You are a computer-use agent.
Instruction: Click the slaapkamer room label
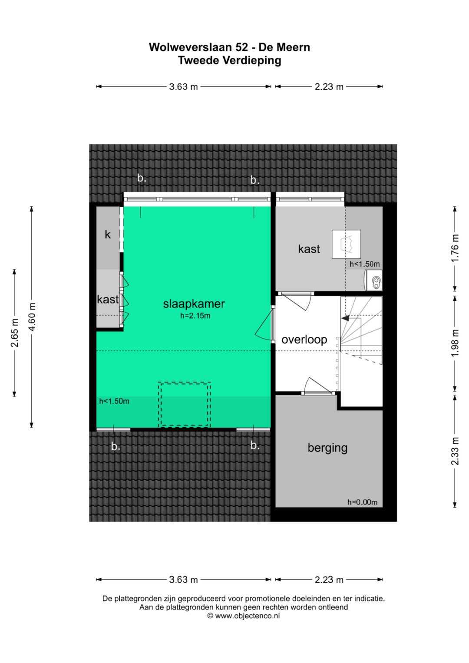coord(194,303)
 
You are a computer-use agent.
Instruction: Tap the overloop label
coord(304,340)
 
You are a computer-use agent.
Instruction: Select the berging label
coord(327,448)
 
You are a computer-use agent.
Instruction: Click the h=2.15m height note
coord(195,316)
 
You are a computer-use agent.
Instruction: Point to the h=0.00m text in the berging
coord(363,502)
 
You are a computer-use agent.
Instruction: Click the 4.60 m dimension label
coord(32,317)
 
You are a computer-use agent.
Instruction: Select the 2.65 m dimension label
coord(14,333)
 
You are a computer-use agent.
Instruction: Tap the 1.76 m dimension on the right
coord(455,248)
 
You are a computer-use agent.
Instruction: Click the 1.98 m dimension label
coord(455,343)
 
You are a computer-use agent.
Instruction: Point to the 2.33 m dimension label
coord(455,451)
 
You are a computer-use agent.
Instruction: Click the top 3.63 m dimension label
coord(183,87)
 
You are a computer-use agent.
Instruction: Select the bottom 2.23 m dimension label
coord(329,580)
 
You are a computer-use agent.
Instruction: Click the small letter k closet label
coord(108,234)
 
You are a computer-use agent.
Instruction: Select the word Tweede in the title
coord(199,60)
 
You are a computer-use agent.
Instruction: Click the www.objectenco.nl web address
coord(247,616)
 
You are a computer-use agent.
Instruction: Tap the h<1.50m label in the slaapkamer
coord(114,401)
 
